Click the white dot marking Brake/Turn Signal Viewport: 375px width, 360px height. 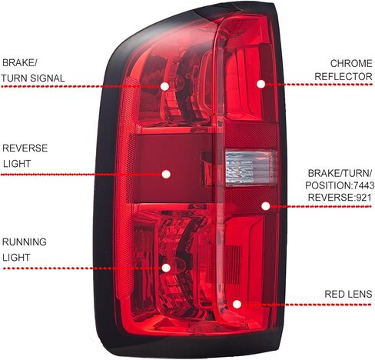[164, 86]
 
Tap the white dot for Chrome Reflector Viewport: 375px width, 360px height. [261, 84]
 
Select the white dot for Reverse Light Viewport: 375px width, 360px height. [166, 175]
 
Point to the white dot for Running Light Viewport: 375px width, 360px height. [166, 268]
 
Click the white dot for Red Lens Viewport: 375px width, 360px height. [237, 305]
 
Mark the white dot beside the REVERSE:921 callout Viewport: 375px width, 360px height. [266, 206]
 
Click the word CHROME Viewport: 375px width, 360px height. [351, 63]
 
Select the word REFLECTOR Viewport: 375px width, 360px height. [343, 76]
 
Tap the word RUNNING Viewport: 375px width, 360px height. [25, 242]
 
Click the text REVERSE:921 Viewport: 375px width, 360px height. [340, 198]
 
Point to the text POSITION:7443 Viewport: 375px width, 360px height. [340, 185]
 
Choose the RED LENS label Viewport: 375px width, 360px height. [348, 294]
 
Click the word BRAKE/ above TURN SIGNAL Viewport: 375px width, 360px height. [20, 63]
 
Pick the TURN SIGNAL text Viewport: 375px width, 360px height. [33, 78]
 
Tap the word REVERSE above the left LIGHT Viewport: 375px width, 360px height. [25, 148]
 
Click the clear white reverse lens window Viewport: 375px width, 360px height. [251, 168]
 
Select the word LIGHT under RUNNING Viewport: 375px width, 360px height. [16, 258]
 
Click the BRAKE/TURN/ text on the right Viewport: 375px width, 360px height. [340, 173]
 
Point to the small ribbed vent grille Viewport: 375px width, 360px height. [233, 265]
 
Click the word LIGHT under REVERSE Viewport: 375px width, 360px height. [17, 164]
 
